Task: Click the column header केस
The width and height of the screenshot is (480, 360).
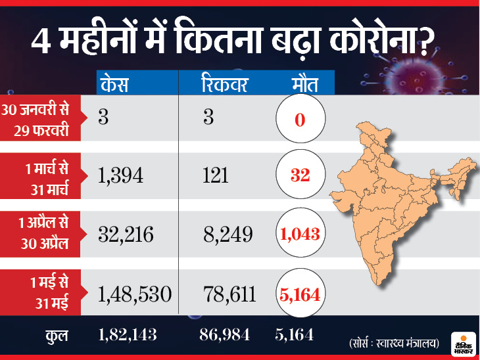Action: point(116,85)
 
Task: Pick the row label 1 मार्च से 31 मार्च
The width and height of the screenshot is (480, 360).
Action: point(45,175)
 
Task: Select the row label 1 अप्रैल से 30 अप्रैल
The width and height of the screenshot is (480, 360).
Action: point(43,231)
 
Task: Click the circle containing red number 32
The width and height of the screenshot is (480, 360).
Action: point(300,175)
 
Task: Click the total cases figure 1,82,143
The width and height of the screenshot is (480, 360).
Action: point(128,336)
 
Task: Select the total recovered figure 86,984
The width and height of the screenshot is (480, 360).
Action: point(224,336)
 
